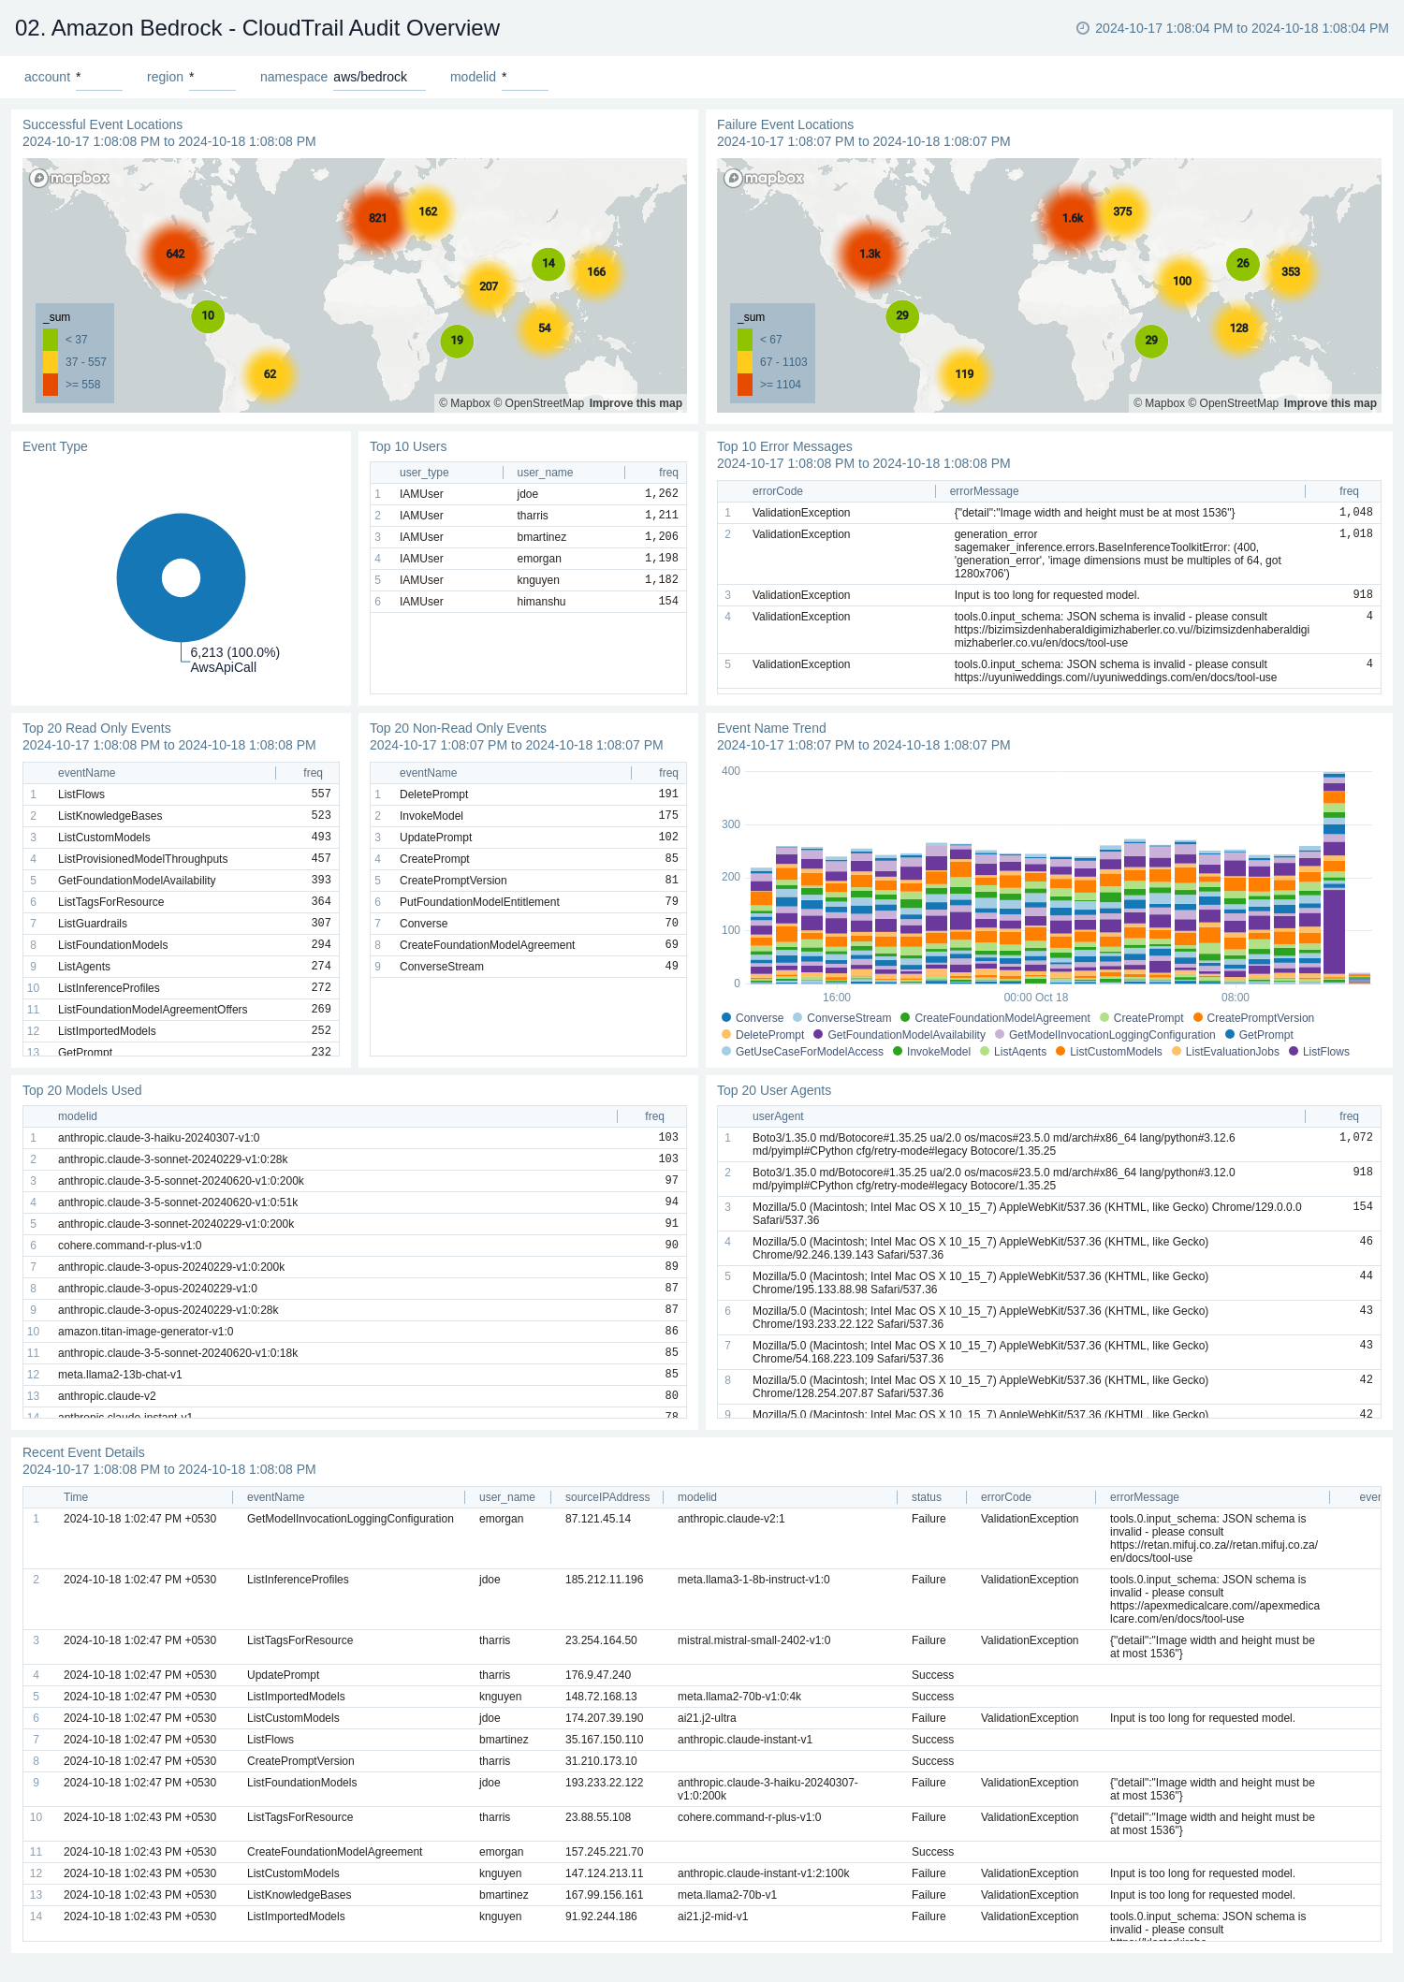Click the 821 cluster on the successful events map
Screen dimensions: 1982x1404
pos(377,218)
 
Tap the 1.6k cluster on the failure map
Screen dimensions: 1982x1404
pos(1073,218)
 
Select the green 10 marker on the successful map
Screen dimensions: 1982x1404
pos(208,315)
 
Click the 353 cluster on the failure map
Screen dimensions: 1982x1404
pos(1291,272)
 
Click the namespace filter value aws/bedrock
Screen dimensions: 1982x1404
pos(371,77)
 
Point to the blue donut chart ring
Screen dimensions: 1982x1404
pos(137,577)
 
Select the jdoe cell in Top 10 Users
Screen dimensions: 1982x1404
pos(528,494)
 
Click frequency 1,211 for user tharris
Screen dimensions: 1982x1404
pos(661,516)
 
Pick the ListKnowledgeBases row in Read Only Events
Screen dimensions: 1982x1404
pos(110,816)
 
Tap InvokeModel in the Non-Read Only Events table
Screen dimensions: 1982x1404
pos(431,816)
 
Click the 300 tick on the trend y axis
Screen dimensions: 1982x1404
pos(731,824)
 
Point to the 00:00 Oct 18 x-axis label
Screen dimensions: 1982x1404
pos(1035,998)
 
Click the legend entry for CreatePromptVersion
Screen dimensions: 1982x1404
pos(1260,1018)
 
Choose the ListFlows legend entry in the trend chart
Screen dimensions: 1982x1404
pos(1325,1052)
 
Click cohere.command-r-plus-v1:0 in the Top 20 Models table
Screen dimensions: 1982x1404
pos(130,1246)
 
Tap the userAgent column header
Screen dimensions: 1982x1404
pos(778,1116)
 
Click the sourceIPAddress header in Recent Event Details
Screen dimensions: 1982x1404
pos(607,1497)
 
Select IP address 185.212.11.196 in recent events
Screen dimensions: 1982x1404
pos(604,1580)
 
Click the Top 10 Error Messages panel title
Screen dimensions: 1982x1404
pos(784,446)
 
